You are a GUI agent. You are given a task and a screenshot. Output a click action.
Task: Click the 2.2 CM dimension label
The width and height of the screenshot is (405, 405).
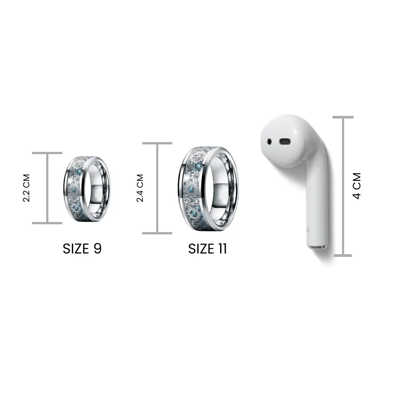pyautogui.click(x=27, y=188)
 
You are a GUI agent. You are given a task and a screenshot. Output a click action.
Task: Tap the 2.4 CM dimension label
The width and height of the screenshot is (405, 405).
pyautogui.click(x=140, y=188)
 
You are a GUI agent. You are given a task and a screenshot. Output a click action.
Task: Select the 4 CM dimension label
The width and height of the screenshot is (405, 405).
pyautogui.click(x=357, y=186)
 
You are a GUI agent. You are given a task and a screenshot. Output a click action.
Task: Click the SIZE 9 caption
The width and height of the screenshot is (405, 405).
pyautogui.click(x=82, y=249)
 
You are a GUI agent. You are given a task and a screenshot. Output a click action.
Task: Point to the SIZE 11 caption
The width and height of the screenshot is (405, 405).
pyautogui.click(x=207, y=249)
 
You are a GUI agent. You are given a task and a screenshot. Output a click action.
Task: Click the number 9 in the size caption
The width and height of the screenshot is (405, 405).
pyautogui.click(x=97, y=249)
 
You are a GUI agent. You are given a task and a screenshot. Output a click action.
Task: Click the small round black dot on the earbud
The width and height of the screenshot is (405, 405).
pyautogui.click(x=269, y=141)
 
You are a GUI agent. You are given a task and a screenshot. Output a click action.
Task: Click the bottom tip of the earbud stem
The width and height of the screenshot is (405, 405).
pyautogui.click(x=316, y=247)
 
